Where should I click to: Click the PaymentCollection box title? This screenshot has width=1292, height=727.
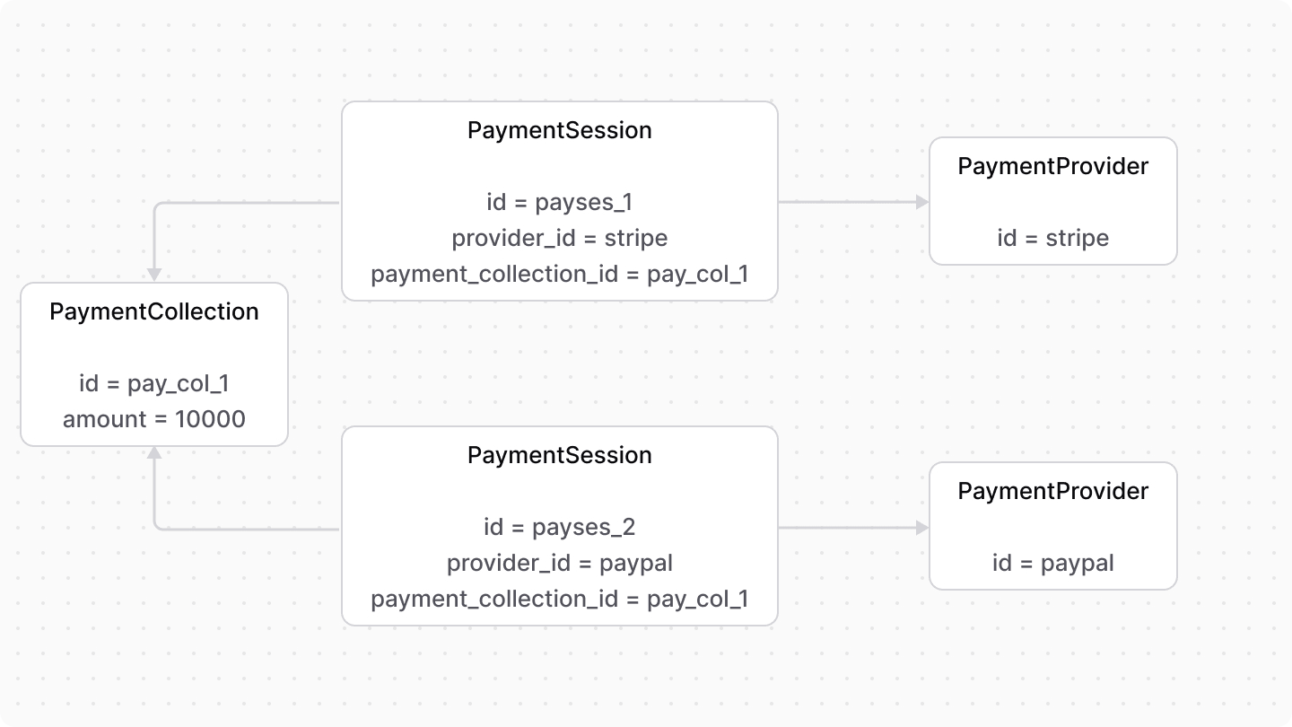tap(154, 311)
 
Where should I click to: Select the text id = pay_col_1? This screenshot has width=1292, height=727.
tap(154, 383)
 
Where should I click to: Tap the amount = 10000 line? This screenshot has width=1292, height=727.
tap(154, 419)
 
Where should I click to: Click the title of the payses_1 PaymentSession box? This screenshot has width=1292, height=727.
tap(560, 130)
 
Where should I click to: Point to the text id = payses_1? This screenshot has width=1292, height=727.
tap(560, 202)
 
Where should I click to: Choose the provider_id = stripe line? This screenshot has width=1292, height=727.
tap(560, 238)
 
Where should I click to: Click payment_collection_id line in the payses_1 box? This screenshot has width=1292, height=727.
tap(560, 274)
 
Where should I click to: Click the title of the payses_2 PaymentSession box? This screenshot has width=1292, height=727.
tap(560, 455)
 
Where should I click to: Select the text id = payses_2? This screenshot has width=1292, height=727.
tap(560, 527)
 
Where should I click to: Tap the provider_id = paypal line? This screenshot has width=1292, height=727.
tap(560, 563)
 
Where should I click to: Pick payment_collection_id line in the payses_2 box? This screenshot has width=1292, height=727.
tap(560, 599)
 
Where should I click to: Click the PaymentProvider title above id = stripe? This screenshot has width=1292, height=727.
tap(1053, 166)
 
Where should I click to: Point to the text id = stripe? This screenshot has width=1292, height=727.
tap(1053, 238)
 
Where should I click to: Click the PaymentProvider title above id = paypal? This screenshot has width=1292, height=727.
tap(1053, 491)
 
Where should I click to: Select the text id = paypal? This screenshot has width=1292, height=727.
tap(1053, 563)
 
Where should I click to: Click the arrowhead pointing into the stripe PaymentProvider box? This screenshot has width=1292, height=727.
tap(921, 203)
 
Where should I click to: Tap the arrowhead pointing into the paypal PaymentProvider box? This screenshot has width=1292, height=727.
tap(921, 529)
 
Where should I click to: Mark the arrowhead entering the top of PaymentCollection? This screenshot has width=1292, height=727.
tap(155, 275)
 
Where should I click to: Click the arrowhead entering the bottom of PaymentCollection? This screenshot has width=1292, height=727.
tap(155, 453)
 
